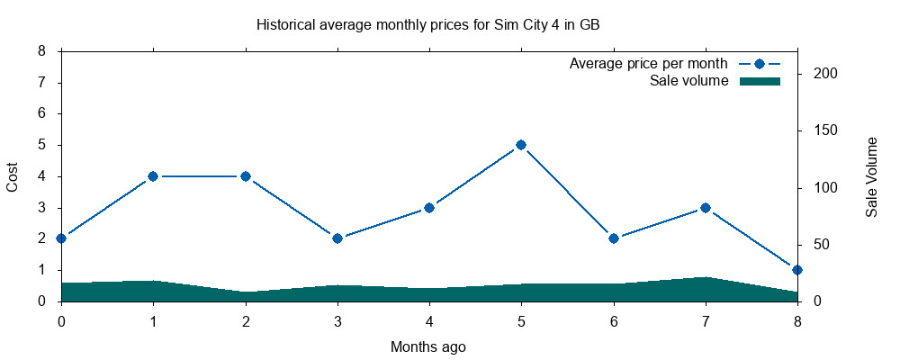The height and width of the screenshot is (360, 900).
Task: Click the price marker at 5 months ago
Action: (x=521, y=145)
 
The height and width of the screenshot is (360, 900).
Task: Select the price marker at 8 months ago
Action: (x=797, y=270)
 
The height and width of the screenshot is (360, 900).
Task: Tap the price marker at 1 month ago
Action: (x=153, y=176)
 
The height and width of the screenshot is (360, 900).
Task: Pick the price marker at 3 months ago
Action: (x=337, y=238)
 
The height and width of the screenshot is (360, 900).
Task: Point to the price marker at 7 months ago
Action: (x=706, y=208)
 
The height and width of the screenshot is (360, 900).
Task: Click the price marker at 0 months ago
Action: (x=61, y=238)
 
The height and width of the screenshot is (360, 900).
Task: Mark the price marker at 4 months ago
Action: (x=429, y=208)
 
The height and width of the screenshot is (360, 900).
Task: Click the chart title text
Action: (x=427, y=25)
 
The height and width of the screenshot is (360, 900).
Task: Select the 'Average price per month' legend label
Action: (x=648, y=64)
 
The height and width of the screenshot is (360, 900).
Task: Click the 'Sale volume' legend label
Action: (x=688, y=81)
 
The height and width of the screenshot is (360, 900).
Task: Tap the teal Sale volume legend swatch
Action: (x=759, y=81)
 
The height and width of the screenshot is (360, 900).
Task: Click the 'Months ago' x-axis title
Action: (x=428, y=346)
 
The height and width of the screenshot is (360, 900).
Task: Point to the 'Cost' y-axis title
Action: (x=13, y=176)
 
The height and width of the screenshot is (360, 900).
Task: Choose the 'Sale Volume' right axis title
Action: (x=871, y=176)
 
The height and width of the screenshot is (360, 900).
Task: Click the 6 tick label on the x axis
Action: (x=614, y=320)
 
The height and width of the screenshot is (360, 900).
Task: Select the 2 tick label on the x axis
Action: (x=246, y=320)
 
